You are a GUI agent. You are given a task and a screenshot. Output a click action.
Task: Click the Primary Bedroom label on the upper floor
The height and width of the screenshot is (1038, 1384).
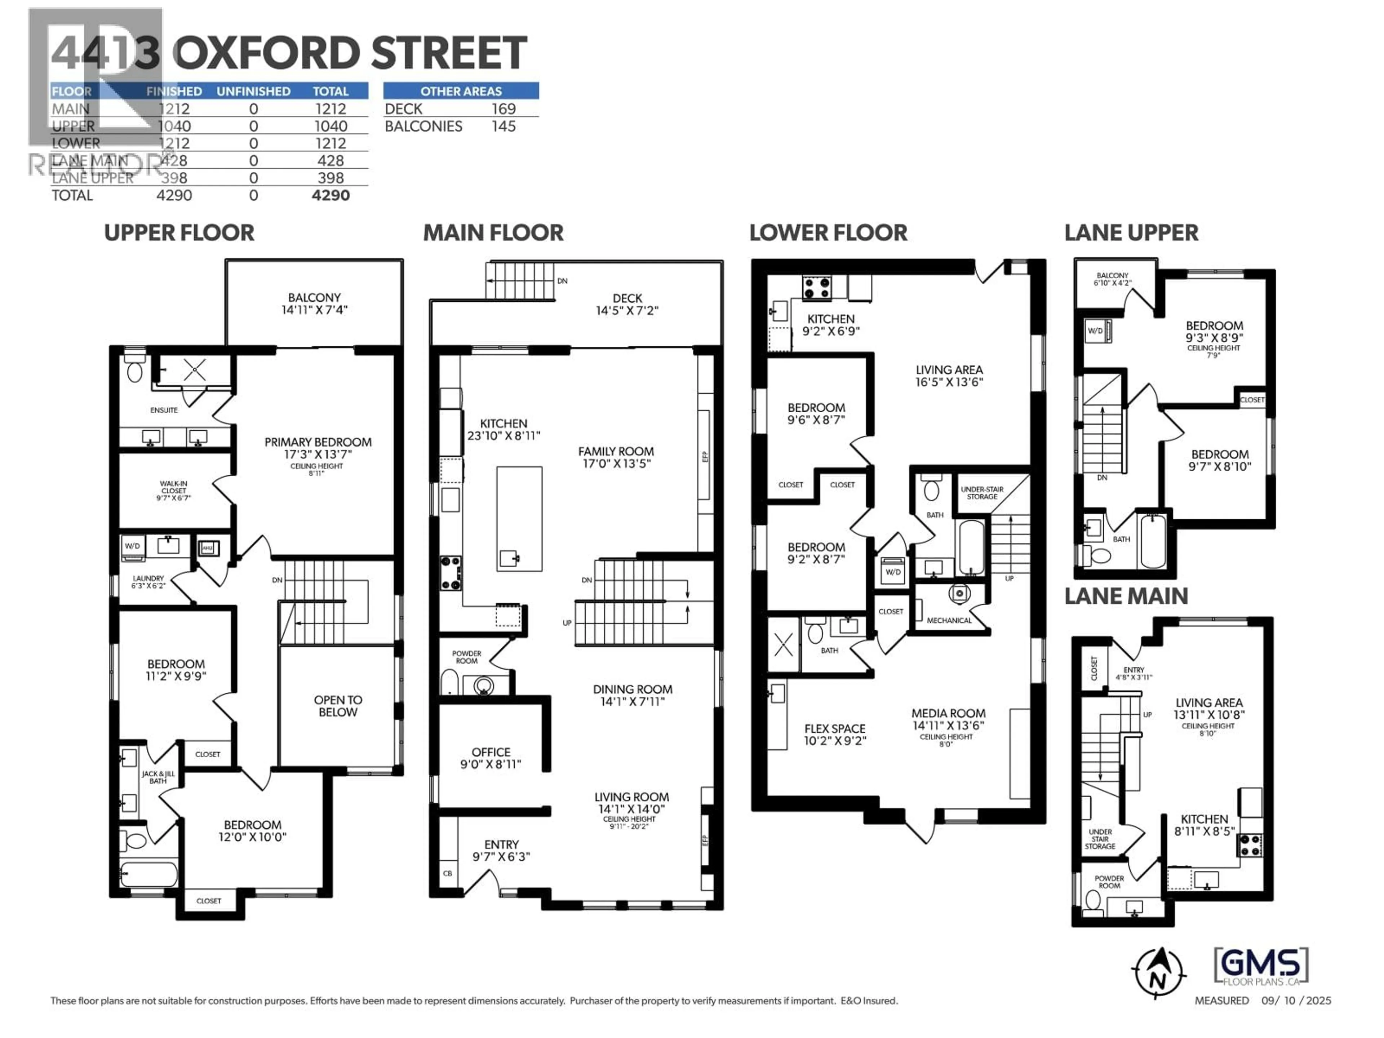(x=318, y=442)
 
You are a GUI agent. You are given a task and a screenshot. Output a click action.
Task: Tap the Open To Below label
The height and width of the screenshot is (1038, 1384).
(x=338, y=706)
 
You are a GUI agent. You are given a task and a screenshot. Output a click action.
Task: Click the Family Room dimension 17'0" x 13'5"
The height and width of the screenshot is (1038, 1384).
(x=616, y=463)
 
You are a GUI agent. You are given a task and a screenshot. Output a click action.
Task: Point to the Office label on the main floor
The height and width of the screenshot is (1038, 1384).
(x=491, y=752)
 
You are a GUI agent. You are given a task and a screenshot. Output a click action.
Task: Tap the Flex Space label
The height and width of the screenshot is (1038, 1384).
(x=835, y=729)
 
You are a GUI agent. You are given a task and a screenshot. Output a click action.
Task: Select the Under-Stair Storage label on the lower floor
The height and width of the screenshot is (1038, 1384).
(x=982, y=493)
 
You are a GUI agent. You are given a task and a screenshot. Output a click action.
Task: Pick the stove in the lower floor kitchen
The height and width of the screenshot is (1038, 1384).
(x=816, y=288)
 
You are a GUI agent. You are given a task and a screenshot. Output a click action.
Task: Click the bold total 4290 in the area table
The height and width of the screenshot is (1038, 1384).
(x=331, y=195)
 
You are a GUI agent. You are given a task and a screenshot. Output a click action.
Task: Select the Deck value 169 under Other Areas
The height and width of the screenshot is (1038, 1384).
(x=503, y=109)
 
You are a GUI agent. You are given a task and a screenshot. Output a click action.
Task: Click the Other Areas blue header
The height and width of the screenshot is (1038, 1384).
(x=461, y=91)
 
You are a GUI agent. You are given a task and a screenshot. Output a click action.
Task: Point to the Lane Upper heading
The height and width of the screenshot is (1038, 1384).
(x=1131, y=233)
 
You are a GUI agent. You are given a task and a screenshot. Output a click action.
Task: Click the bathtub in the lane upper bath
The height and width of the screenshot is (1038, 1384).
(x=1153, y=541)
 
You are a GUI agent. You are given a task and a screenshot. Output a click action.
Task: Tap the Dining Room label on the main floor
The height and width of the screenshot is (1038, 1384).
(x=633, y=689)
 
